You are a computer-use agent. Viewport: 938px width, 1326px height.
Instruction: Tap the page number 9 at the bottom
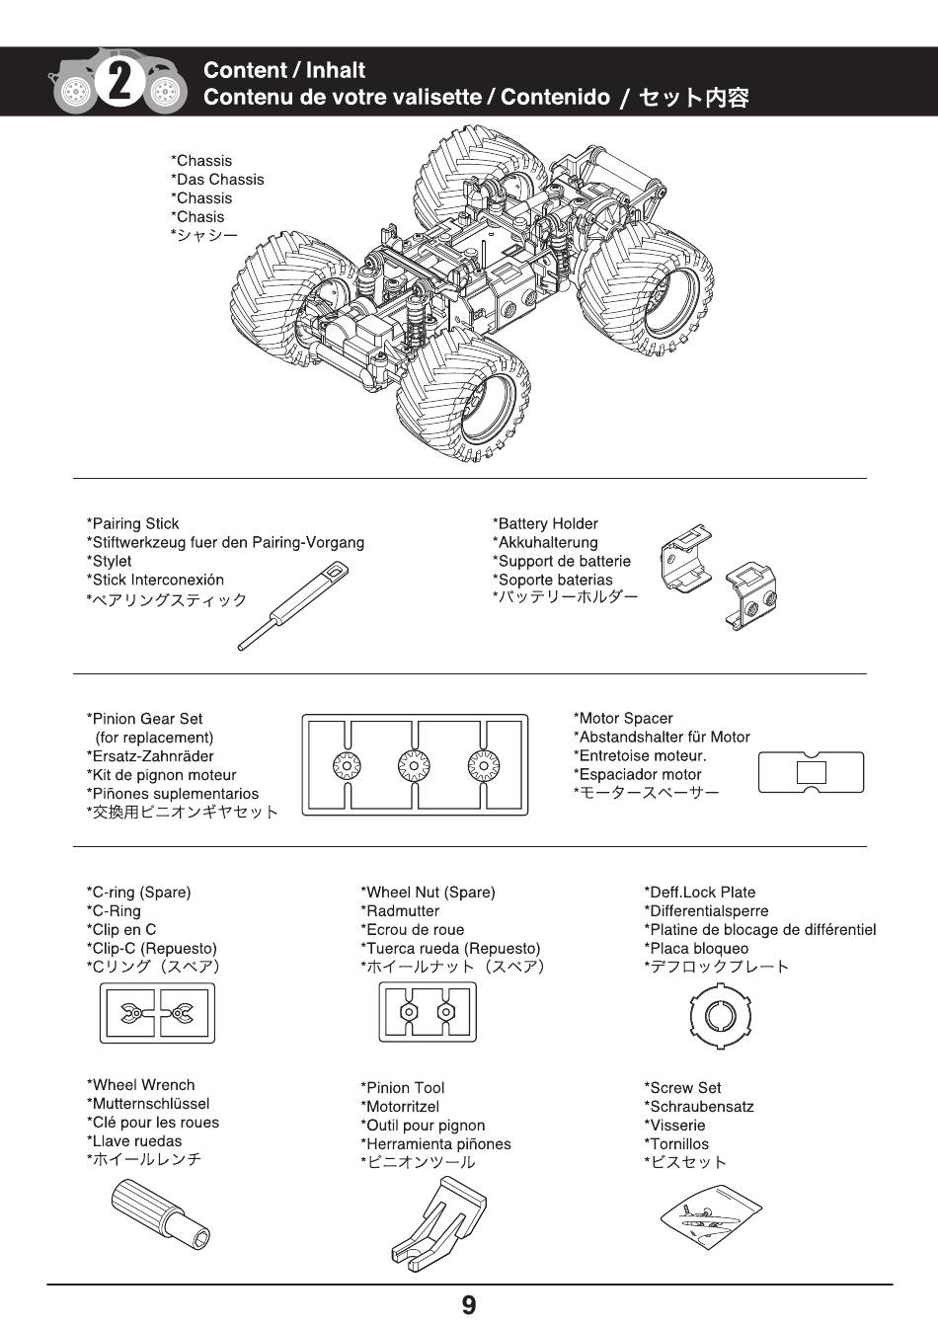click(469, 1305)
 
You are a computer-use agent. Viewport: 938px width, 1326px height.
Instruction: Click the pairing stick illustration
click(292, 604)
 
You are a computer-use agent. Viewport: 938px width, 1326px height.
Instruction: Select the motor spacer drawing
click(811, 772)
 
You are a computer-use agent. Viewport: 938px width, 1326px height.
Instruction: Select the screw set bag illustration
click(711, 1215)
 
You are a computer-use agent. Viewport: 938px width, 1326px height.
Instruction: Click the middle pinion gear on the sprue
click(414, 764)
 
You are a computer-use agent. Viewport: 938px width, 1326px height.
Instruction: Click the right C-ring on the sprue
click(180, 1012)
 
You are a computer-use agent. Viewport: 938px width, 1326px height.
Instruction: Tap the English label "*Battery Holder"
click(545, 524)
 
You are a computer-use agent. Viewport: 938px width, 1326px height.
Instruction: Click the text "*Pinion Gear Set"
click(144, 719)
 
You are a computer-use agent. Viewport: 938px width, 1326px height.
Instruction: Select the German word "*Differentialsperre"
click(706, 911)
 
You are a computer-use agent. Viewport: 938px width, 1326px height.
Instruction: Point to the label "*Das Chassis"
click(217, 180)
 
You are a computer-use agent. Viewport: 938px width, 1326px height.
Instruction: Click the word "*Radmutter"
click(400, 911)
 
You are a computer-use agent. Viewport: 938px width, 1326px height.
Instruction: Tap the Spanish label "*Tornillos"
click(676, 1144)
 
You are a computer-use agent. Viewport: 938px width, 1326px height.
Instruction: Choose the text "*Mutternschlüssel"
click(148, 1104)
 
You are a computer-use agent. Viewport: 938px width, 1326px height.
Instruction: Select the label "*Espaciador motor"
click(637, 775)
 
